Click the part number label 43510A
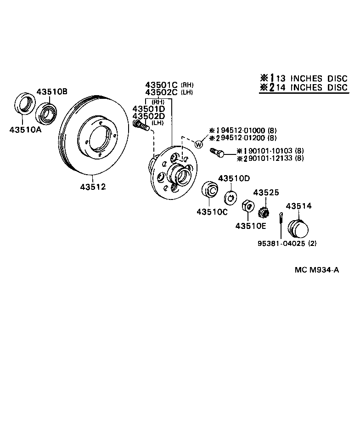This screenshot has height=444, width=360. point(25,129)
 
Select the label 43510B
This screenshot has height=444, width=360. point(52,91)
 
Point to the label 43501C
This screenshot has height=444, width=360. point(162,85)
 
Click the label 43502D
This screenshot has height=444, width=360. point(148,116)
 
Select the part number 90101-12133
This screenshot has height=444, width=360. point(270,158)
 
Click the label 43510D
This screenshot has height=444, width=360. point(234,178)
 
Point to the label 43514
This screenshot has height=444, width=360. point(298,206)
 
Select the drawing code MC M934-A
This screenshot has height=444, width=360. point(316,270)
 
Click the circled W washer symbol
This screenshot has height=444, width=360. point(199,144)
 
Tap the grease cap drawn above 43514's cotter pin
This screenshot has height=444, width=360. point(297,228)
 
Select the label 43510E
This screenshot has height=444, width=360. point(250,226)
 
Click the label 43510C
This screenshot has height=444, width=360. point(212,212)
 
